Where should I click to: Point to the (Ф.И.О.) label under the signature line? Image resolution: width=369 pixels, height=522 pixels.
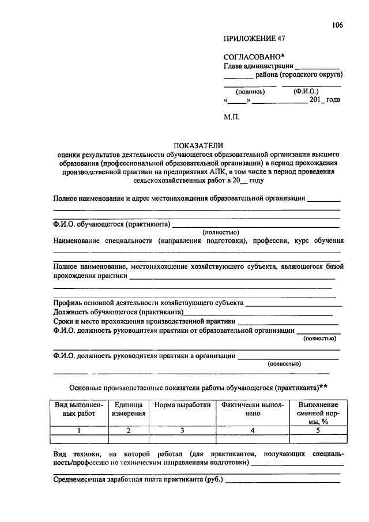[x=306, y=91]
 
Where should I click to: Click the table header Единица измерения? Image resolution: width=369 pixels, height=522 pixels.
[x=128, y=409]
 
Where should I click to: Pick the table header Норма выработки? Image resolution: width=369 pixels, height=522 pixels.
[x=182, y=405]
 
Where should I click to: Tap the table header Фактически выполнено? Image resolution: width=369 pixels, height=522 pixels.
[x=253, y=409]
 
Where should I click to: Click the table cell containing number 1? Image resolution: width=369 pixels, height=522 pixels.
[x=79, y=430]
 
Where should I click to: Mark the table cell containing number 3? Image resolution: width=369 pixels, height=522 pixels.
[x=182, y=430]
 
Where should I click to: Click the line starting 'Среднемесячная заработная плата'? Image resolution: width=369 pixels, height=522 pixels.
[x=138, y=479]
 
